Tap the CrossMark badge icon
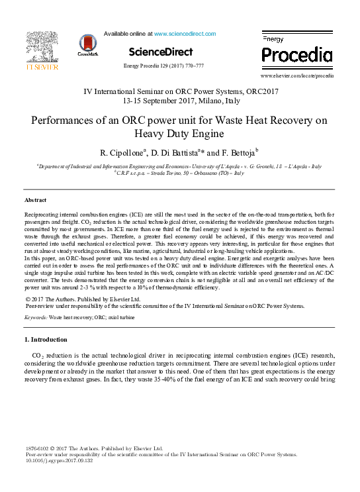pos(87,44)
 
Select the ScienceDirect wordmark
pos(160,52)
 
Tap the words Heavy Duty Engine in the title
pos(180,135)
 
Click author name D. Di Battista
pos(186,155)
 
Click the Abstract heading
pos(35,199)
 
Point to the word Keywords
pos(34,318)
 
